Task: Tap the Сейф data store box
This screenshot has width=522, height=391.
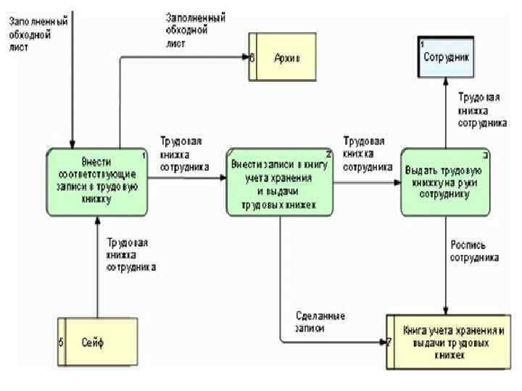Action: [x=98, y=342]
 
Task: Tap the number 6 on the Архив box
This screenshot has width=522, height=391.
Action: [x=252, y=57]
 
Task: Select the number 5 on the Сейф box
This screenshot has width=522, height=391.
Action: [x=61, y=342]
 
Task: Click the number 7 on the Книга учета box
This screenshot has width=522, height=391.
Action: [x=389, y=341]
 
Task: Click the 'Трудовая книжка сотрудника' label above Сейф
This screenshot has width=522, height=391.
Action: [x=131, y=255]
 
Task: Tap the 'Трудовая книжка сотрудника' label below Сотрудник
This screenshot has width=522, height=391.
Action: [x=481, y=109]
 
